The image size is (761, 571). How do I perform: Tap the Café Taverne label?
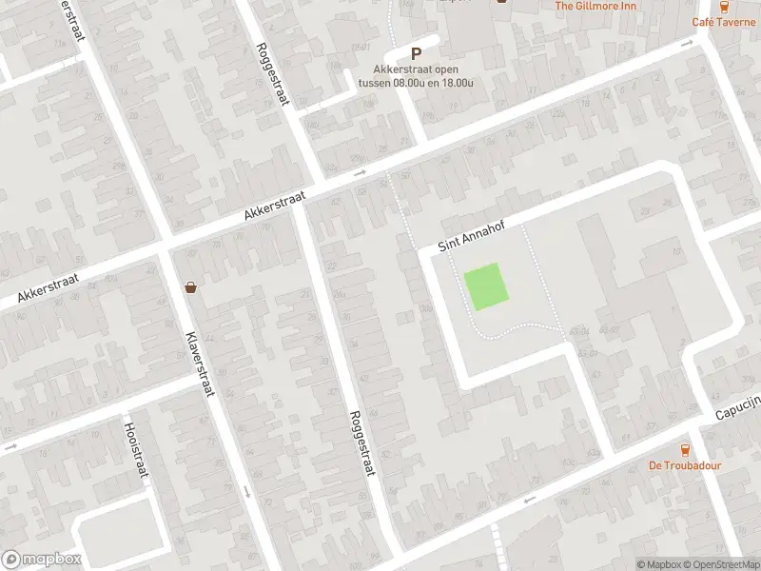point(724,22)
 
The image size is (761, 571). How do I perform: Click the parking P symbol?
point(416,54)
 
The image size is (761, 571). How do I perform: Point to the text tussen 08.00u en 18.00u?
point(416,82)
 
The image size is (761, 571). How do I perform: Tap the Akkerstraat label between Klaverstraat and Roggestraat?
point(273,204)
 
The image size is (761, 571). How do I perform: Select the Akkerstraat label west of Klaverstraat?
point(46,285)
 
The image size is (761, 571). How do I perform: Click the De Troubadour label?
point(685,465)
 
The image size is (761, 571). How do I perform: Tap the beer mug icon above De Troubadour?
point(684,449)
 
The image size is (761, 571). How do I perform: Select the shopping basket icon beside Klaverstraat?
point(191,286)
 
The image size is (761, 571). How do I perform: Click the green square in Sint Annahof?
point(485,286)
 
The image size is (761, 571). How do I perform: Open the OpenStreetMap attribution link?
point(720,564)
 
